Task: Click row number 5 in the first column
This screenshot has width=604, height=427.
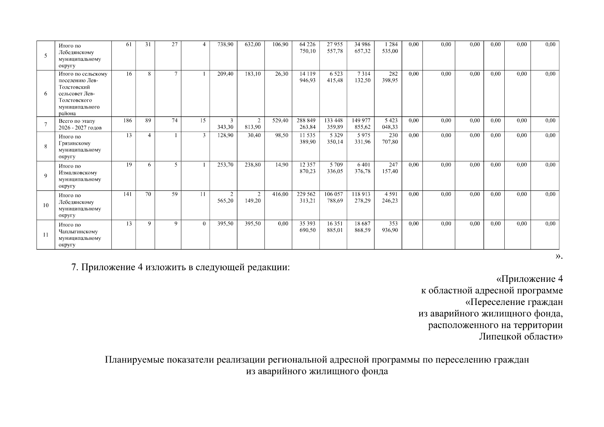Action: coord(46,56)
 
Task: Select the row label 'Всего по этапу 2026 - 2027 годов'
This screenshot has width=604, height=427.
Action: coord(80,124)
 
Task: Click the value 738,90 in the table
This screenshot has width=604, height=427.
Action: coord(225,44)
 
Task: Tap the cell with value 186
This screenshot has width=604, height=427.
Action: coord(127,121)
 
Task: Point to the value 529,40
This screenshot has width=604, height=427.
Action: coord(280,121)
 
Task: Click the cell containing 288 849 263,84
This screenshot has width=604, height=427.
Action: coord(306,124)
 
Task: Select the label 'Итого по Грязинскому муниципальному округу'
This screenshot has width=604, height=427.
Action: coord(80,147)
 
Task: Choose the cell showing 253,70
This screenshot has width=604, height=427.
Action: coord(225,165)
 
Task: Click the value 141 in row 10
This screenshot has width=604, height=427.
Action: coord(127,194)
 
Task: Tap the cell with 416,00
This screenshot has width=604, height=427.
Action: coord(280,194)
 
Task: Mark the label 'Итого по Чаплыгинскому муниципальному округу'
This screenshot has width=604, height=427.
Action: coord(80,235)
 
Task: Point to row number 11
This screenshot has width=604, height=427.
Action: coord(46,235)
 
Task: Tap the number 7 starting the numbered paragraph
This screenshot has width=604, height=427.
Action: coord(75,267)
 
